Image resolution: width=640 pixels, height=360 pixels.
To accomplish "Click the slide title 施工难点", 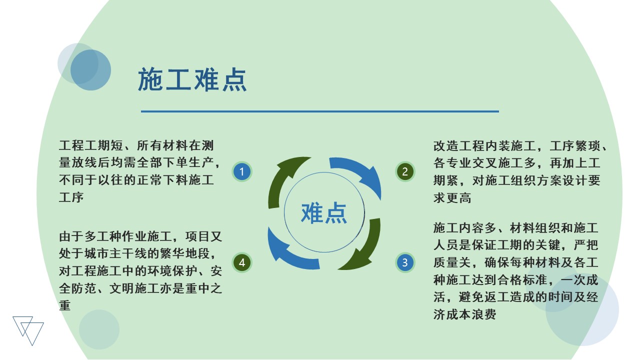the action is [x=192, y=79].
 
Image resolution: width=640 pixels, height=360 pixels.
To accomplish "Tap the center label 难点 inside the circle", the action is [x=324, y=213].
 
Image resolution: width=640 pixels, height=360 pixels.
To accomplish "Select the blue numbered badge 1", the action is [x=241, y=171].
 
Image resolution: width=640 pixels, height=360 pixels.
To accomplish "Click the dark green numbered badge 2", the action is [x=405, y=171].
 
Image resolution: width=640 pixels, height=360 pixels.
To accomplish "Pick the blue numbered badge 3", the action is [x=405, y=262].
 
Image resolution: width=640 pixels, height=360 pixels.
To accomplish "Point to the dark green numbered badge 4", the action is [x=241, y=262].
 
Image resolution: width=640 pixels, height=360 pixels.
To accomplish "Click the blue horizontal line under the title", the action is [x=320, y=111].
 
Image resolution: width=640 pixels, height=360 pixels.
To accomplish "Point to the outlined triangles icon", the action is [x=28, y=330].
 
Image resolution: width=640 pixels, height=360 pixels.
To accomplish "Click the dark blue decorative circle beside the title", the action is [x=90, y=70].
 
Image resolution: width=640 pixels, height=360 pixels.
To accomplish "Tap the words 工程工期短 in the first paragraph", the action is [x=91, y=145].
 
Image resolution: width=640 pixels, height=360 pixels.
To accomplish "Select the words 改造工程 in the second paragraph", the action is [x=459, y=146].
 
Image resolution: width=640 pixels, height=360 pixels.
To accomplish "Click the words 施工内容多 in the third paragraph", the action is [x=465, y=228].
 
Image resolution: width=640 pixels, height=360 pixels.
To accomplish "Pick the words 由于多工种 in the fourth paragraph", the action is [x=90, y=236].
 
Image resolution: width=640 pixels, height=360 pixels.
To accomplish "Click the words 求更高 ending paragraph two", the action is [x=452, y=197].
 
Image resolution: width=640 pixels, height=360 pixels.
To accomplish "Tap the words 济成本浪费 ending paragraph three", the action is [x=465, y=314].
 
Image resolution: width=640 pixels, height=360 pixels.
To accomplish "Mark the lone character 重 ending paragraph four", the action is [x=65, y=305].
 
